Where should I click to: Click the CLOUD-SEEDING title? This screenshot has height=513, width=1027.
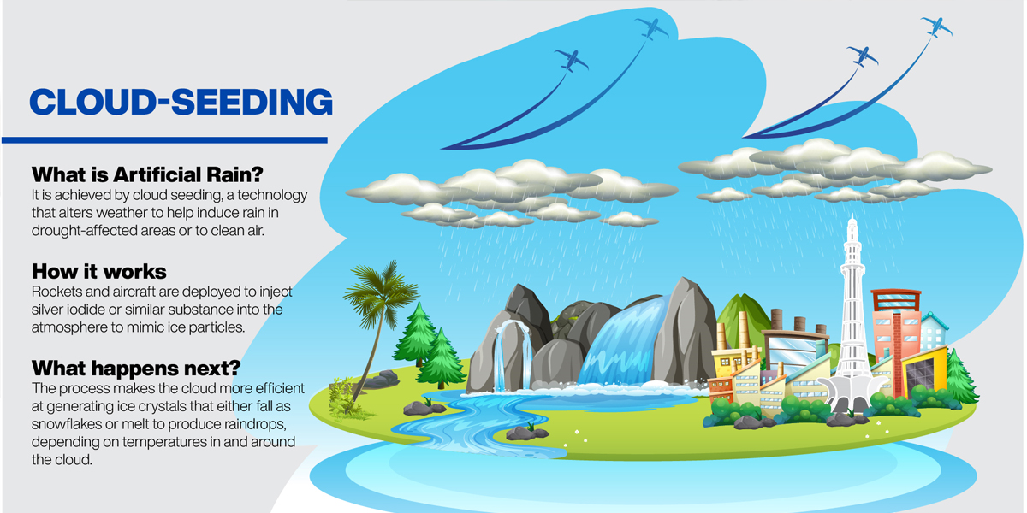coord(181,102)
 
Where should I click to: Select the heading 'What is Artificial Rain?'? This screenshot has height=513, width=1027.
coord(147,174)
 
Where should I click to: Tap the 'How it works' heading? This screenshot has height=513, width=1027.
coord(98,272)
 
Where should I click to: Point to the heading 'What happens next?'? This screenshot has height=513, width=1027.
coord(136,369)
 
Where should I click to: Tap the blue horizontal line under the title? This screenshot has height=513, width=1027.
coord(164,140)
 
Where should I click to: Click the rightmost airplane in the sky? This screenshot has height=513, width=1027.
coord(937,27)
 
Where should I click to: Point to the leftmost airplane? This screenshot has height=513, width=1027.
coord(572,61)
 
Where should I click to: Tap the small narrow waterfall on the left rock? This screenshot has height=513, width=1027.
coord(512,356)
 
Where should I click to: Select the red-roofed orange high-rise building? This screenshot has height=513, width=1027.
coord(895,339)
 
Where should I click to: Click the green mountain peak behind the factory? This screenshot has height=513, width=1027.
coord(743,316)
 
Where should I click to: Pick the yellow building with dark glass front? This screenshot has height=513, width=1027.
coord(923,371)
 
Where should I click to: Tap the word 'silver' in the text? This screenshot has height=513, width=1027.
coord(48,310)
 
